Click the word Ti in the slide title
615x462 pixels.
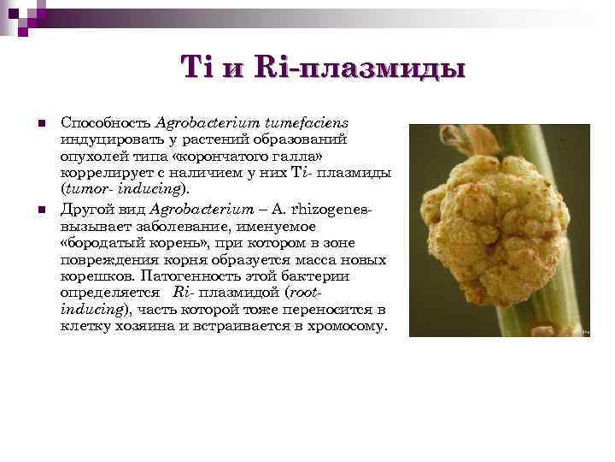tap(193, 67)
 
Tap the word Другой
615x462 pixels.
tap(85, 209)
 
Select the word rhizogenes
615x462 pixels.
tap(333, 209)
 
